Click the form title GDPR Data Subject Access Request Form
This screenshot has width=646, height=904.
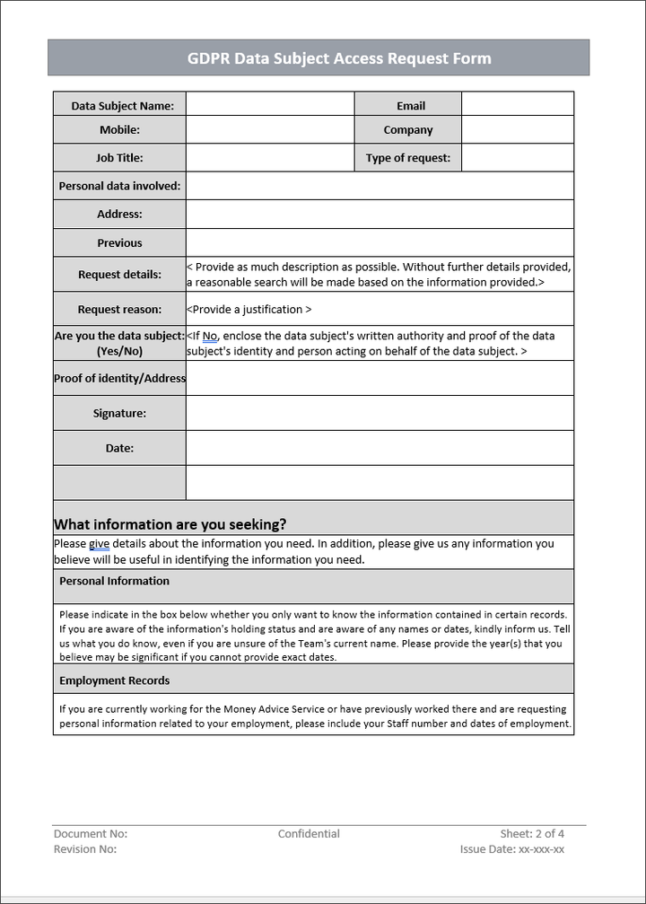[x=338, y=58]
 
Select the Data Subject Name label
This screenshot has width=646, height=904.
[x=122, y=105]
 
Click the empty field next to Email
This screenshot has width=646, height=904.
[x=518, y=105]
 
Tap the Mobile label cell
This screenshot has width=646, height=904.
[x=119, y=130]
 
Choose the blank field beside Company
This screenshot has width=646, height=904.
[x=518, y=130]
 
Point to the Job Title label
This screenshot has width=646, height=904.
[x=119, y=158]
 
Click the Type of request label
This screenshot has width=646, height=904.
[x=408, y=158]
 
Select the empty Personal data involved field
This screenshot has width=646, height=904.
[x=380, y=186]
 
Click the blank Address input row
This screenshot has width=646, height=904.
[x=380, y=215]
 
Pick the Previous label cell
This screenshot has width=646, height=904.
[x=119, y=243]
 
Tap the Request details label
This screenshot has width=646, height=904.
[x=119, y=275]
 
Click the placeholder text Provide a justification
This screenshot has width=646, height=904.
[x=249, y=310]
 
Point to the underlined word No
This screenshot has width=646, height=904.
[x=210, y=336]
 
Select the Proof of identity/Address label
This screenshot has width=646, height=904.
[x=119, y=379]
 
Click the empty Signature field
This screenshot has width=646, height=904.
[x=380, y=414]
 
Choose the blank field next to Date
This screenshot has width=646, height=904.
[x=380, y=448]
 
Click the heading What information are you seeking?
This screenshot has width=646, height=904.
[x=170, y=524]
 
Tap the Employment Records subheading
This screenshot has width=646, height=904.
[x=114, y=681]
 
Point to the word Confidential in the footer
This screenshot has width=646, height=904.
[x=309, y=834]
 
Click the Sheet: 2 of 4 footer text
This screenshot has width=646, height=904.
[x=532, y=834]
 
